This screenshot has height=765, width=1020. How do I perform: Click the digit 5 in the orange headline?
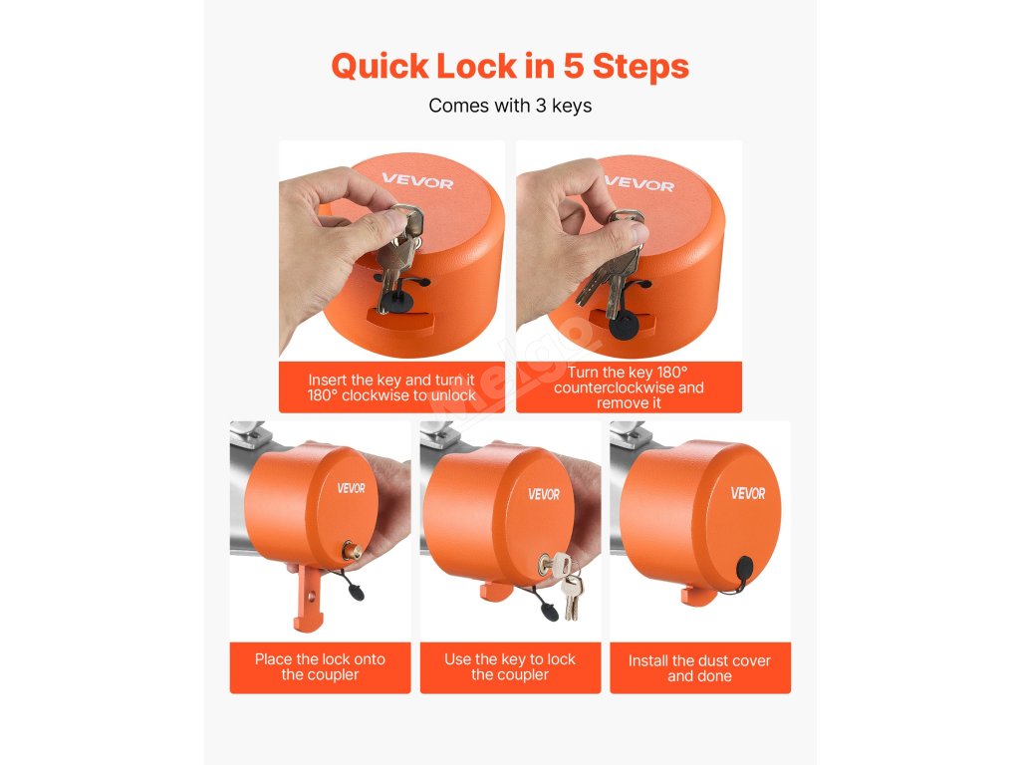tap(573, 67)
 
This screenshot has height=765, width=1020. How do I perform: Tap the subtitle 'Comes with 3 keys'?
tap(510, 106)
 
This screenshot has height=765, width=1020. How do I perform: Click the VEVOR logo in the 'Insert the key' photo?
tap(417, 181)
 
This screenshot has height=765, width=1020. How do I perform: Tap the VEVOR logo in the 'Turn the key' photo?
tap(639, 183)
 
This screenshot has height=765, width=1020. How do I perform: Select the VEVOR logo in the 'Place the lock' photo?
tap(352, 488)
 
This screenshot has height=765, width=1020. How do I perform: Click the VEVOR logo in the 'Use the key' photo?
tap(544, 494)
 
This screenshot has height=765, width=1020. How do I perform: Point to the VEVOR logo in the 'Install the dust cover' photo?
tap(748, 493)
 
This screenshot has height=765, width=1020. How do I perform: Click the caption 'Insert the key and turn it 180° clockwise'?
tap(391, 387)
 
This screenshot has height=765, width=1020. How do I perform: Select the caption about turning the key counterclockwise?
tap(629, 387)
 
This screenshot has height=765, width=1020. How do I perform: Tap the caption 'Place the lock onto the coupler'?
tap(320, 666)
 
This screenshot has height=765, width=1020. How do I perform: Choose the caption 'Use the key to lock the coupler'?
tap(510, 666)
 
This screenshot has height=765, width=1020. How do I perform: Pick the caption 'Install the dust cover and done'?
tap(700, 668)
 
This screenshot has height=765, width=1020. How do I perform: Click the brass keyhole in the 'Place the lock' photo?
tap(352, 550)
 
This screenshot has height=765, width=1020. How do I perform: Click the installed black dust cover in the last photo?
tap(745, 573)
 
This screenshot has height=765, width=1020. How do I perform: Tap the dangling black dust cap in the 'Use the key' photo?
tap(550, 611)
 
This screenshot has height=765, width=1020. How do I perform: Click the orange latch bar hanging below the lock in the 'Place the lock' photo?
tap(309, 598)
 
